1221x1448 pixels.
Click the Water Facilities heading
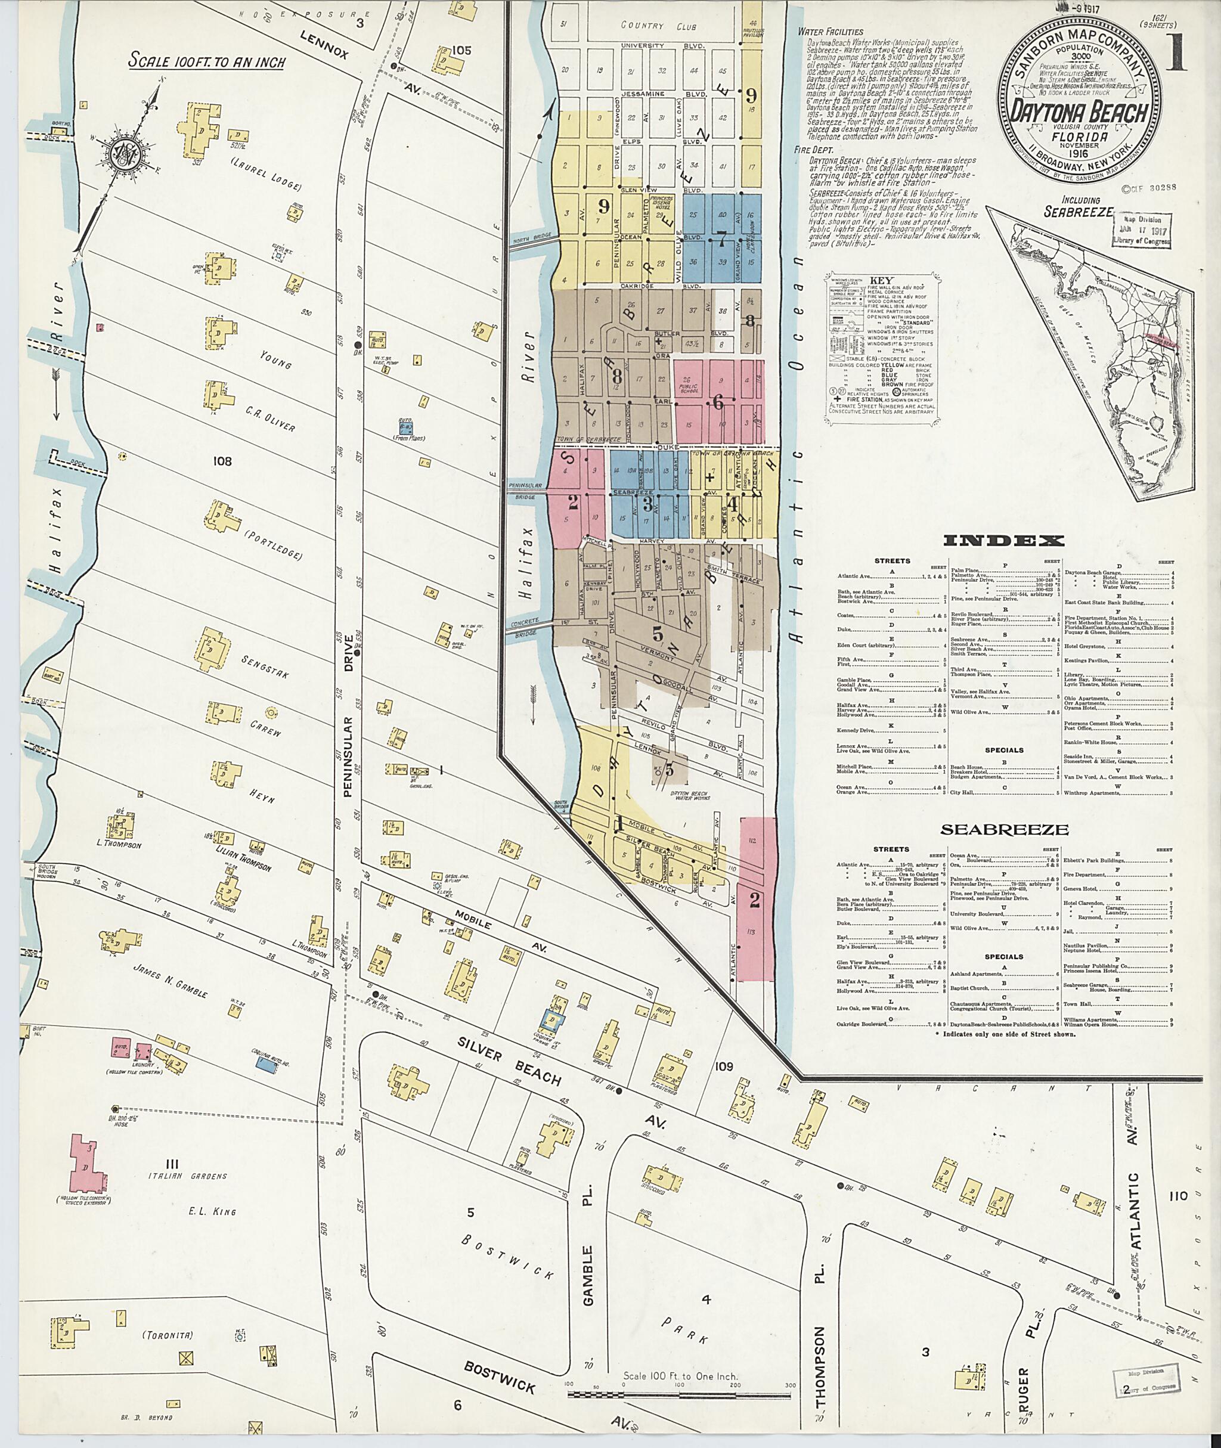[x=830, y=31]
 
